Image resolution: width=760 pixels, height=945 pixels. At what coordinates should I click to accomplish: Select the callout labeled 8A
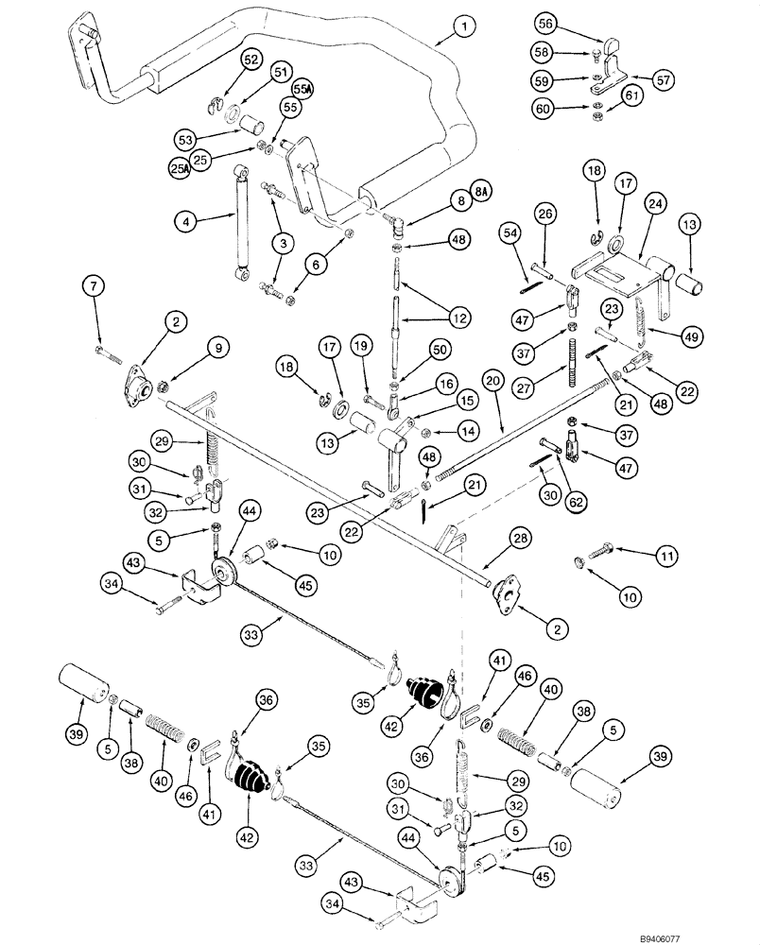coord(484,193)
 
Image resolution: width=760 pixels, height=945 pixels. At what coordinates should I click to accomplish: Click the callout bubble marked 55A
coord(302,90)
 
